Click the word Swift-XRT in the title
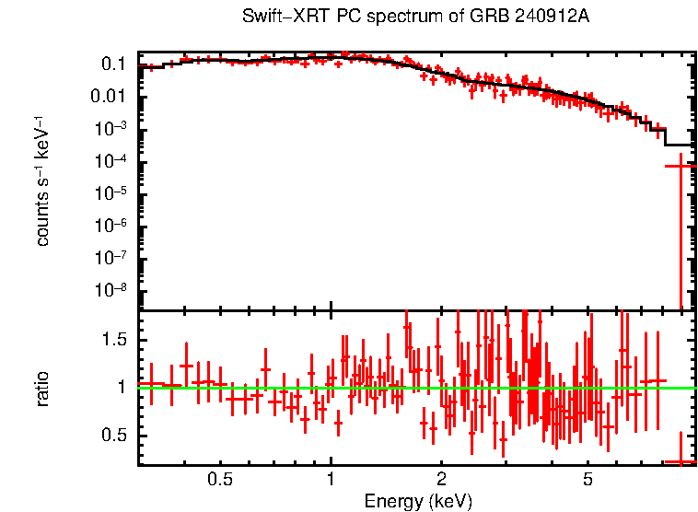click(x=276, y=17)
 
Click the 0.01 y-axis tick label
click(x=109, y=97)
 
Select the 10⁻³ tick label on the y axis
click(x=111, y=129)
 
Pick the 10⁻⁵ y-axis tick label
click(x=111, y=193)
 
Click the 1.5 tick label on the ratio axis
click(x=114, y=340)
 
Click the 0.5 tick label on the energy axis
click(x=219, y=479)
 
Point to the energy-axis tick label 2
click(x=441, y=479)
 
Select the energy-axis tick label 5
click(x=587, y=479)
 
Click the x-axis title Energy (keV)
click(x=418, y=501)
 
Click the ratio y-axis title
click(x=43, y=388)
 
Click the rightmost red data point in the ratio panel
click(x=681, y=461)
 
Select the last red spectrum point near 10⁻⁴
click(x=681, y=166)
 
